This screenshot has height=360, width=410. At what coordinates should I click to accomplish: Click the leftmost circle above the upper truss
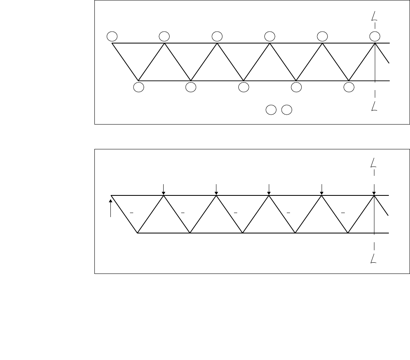(x=112, y=36)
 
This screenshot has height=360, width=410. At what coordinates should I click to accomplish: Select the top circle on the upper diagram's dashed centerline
(x=374, y=36)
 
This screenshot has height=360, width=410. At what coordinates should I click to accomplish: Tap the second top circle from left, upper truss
(x=164, y=36)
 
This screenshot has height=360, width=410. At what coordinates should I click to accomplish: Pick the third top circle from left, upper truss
(x=217, y=36)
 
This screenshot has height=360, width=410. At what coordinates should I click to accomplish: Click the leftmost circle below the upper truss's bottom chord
(x=139, y=87)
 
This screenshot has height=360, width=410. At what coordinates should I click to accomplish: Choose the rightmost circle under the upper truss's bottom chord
(x=349, y=87)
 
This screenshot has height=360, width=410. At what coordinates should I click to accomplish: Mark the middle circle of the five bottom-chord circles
(x=244, y=87)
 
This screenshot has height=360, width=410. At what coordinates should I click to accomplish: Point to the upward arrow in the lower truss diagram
(x=110, y=206)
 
